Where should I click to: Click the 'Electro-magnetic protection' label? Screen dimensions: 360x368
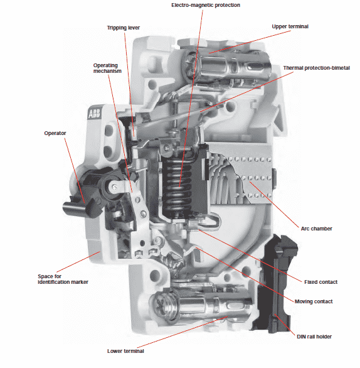pos(206,5)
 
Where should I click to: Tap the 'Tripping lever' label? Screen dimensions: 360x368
pos(124,28)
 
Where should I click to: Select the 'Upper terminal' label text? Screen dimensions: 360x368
pos(290,26)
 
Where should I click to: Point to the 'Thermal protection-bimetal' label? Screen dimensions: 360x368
pos(316,68)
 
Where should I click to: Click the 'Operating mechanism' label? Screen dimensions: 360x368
pos(107,68)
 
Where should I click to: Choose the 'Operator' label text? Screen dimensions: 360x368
pos(55,133)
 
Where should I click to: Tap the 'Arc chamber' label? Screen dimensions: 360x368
pos(316,229)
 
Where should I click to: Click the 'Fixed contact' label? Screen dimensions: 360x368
pos(320,282)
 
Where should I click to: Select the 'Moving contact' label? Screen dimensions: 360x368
pos(314,301)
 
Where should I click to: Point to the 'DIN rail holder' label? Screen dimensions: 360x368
pos(314,337)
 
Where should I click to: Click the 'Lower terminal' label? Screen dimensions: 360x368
pos(125,351)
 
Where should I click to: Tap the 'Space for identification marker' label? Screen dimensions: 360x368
pos(63,279)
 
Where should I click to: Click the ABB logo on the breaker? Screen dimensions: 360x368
pos(94,114)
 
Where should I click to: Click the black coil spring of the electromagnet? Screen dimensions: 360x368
pos(178,185)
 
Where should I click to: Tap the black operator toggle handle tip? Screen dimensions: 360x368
pos(70,208)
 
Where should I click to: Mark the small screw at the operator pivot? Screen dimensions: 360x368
pos(115,187)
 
